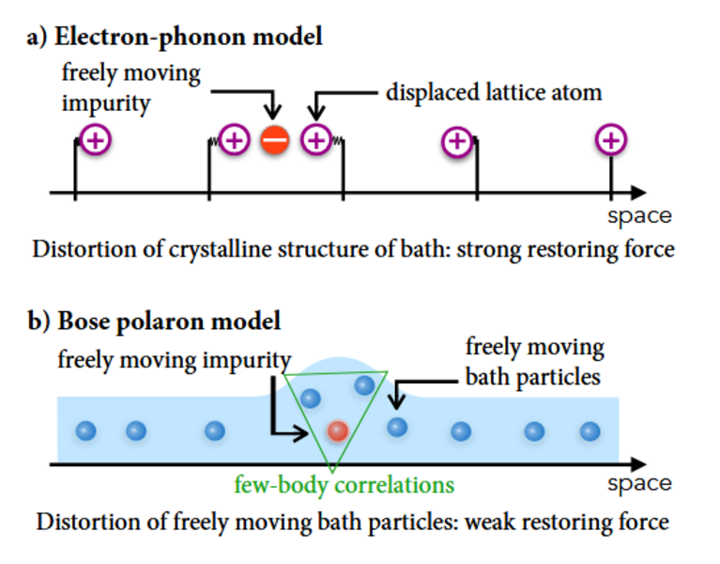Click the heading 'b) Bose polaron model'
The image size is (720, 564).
point(155,321)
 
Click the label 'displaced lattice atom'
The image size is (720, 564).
point(493,93)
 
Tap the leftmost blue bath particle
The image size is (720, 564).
point(86,431)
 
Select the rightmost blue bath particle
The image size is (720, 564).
point(590,431)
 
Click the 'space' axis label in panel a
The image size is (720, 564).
point(639,215)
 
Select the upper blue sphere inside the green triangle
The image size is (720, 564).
point(364,384)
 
